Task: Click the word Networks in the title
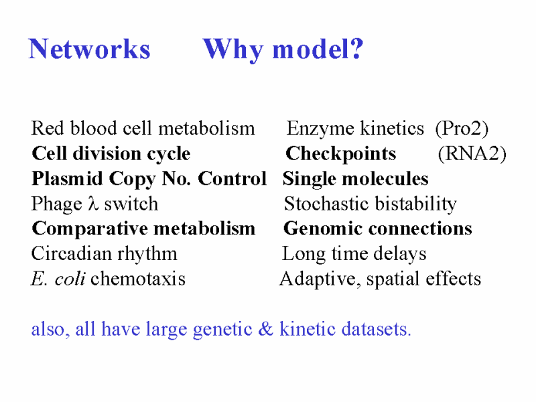pyautogui.click(x=89, y=49)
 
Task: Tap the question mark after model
pyautogui.click(x=356, y=48)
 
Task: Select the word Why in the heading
pyautogui.click(x=233, y=50)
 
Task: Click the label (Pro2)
pyautogui.click(x=462, y=129)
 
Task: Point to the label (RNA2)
pyautogui.click(x=472, y=153)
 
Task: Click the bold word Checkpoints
pyautogui.click(x=340, y=154)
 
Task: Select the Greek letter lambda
pyautogui.click(x=93, y=203)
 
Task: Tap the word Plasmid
pyautogui.click(x=67, y=178)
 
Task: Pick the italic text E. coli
pyautogui.click(x=58, y=278)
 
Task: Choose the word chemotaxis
pyautogui.click(x=138, y=278)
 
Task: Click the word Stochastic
pyautogui.click(x=326, y=204)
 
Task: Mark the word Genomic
pyautogui.click(x=322, y=228)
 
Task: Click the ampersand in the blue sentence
pyautogui.click(x=265, y=328)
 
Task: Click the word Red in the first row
pyautogui.click(x=47, y=128)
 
